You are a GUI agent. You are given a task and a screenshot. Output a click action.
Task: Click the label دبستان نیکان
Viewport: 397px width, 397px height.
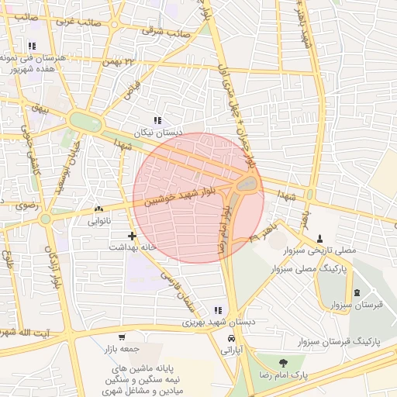click(157, 133)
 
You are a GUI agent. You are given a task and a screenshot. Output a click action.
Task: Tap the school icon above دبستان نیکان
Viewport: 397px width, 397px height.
click(157, 121)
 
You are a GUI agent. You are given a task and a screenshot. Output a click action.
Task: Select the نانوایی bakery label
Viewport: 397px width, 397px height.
click(98, 222)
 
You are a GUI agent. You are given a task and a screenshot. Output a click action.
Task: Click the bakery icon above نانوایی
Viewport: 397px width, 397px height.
click(98, 209)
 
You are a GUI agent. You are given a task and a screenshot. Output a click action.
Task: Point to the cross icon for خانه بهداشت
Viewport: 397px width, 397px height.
click(132, 236)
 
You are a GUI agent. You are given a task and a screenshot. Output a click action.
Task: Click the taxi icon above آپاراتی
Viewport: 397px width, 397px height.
click(231, 339)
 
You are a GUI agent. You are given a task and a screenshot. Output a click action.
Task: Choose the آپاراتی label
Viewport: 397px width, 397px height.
click(232, 350)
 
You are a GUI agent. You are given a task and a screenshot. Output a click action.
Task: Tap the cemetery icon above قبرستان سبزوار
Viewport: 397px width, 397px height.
click(357, 292)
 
